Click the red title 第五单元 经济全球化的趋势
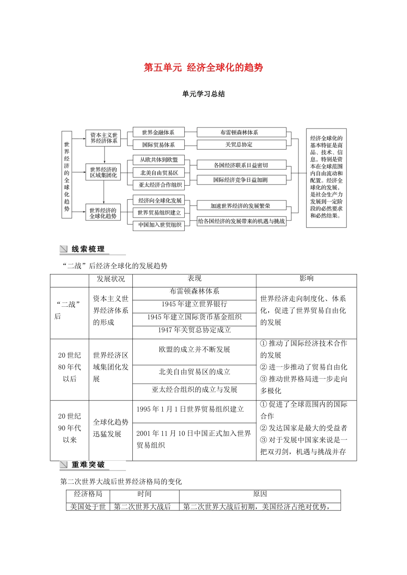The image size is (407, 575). (x=203, y=68)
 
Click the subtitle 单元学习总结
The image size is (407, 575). (x=203, y=94)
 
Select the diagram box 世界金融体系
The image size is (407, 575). (x=158, y=133)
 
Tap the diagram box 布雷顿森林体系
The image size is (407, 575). (x=241, y=133)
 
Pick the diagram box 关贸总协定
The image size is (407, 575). (x=241, y=145)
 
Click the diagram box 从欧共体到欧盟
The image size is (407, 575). (x=159, y=160)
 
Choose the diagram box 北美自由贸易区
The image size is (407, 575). (x=159, y=173)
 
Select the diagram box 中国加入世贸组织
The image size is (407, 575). (x=159, y=225)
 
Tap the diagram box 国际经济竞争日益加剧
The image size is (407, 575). (x=241, y=180)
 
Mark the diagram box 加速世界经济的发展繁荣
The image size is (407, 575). (x=241, y=206)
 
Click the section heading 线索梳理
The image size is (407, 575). (x=88, y=249)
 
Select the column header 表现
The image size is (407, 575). (x=194, y=279)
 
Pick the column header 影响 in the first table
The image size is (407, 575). (x=306, y=279)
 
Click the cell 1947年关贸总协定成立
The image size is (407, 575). (x=194, y=330)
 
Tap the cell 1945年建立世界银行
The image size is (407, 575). (x=194, y=304)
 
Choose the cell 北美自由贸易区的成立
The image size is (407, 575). (x=194, y=372)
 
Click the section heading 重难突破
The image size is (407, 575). (x=88, y=465)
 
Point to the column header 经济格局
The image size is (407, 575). (x=88, y=494)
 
